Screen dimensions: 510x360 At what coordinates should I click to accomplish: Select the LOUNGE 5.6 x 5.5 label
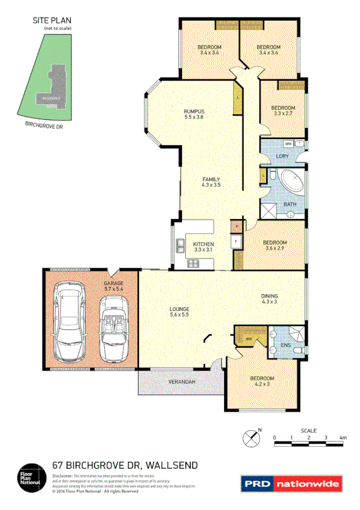[179, 312]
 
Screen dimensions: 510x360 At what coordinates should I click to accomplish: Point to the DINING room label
[269, 298]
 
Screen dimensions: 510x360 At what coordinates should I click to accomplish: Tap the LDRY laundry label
[282, 156]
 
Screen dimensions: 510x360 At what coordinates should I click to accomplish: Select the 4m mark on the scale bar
[343, 438]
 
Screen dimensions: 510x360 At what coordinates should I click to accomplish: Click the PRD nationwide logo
[291, 483]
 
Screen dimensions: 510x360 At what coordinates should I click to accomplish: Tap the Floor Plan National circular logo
[30, 478]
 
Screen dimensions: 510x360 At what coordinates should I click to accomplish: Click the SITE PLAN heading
[51, 20]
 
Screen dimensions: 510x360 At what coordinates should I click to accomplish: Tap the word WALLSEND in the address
[169, 465]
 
